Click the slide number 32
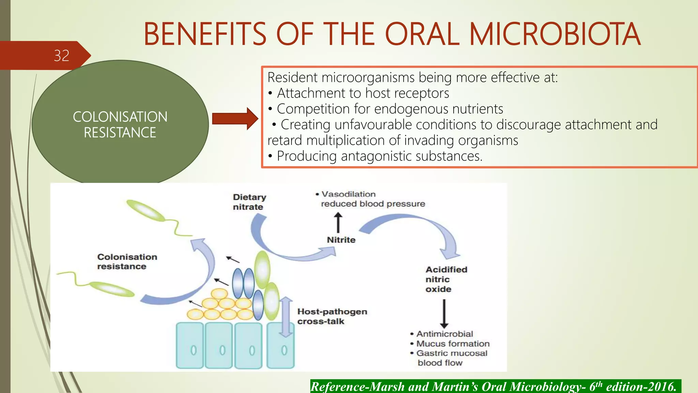click(x=61, y=56)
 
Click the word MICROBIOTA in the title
click(x=555, y=34)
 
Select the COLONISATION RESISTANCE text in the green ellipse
click(x=120, y=125)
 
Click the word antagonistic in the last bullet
click(x=377, y=156)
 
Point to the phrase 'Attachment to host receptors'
click(x=363, y=93)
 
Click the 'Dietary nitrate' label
click(x=249, y=202)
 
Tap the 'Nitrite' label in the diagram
click(x=341, y=240)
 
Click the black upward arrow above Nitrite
click(x=338, y=222)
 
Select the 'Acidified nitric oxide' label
click(x=446, y=279)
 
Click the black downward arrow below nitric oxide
click(x=444, y=313)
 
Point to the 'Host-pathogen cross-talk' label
click(x=332, y=316)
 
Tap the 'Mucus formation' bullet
click(x=453, y=344)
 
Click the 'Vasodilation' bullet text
click(x=348, y=194)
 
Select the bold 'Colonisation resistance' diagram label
click(x=127, y=262)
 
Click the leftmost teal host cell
click(x=190, y=345)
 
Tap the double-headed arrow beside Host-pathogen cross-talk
click(x=286, y=317)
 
